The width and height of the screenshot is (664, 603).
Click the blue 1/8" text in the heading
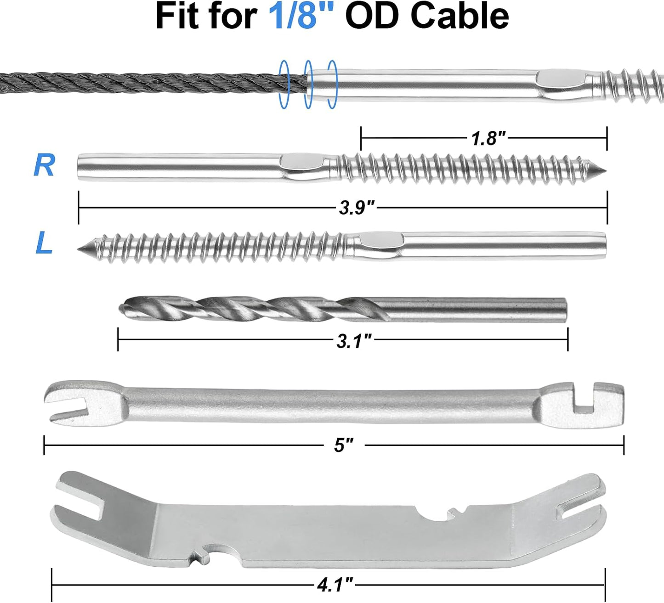[x=301, y=16]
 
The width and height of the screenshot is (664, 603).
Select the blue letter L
[x=44, y=243]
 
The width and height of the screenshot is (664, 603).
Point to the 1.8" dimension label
[x=488, y=138]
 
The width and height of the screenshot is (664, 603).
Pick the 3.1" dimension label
[x=354, y=341]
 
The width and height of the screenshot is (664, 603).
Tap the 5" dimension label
[x=344, y=445]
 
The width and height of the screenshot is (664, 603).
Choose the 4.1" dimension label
[x=335, y=584]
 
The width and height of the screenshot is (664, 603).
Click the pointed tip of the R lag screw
[x=605, y=171]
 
